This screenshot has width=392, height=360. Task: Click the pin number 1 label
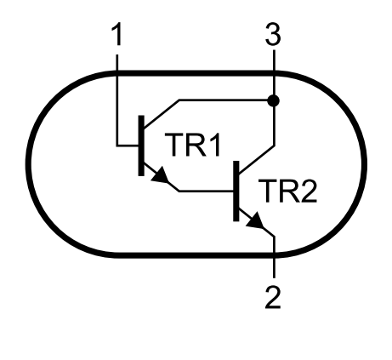(117, 34)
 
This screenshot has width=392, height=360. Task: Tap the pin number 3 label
(273, 34)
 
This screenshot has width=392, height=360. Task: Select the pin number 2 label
(273, 298)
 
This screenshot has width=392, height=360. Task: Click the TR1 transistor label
(192, 145)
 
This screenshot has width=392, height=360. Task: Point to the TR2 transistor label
(287, 191)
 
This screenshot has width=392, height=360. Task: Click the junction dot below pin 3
(274, 100)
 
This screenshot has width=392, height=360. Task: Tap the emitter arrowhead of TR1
(161, 175)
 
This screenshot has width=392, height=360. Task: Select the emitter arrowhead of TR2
(255, 220)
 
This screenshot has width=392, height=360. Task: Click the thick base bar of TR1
(141, 146)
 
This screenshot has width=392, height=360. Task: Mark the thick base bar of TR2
(236, 191)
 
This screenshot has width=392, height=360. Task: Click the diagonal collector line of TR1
(162, 113)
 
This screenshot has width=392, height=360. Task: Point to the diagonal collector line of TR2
(257, 159)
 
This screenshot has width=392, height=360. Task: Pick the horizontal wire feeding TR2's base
(206, 191)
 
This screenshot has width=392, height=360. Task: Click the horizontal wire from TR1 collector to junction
(224, 100)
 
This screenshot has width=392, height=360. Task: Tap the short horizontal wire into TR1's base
(128, 146)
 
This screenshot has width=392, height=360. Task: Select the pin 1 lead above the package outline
(117, 63)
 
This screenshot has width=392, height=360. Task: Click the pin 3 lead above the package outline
(274, 60)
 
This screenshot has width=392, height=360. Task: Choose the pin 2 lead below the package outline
(274, 268)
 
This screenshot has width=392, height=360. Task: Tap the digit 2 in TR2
(309, 191)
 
